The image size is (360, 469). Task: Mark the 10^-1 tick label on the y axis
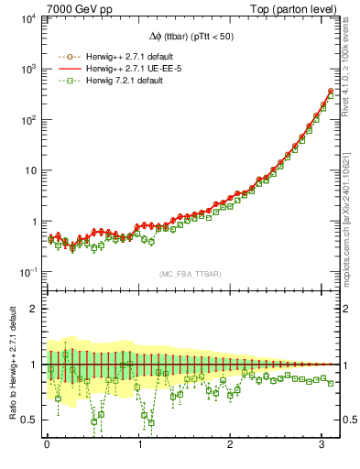point(27,272)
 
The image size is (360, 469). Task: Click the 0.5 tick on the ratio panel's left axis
point(27,420)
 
